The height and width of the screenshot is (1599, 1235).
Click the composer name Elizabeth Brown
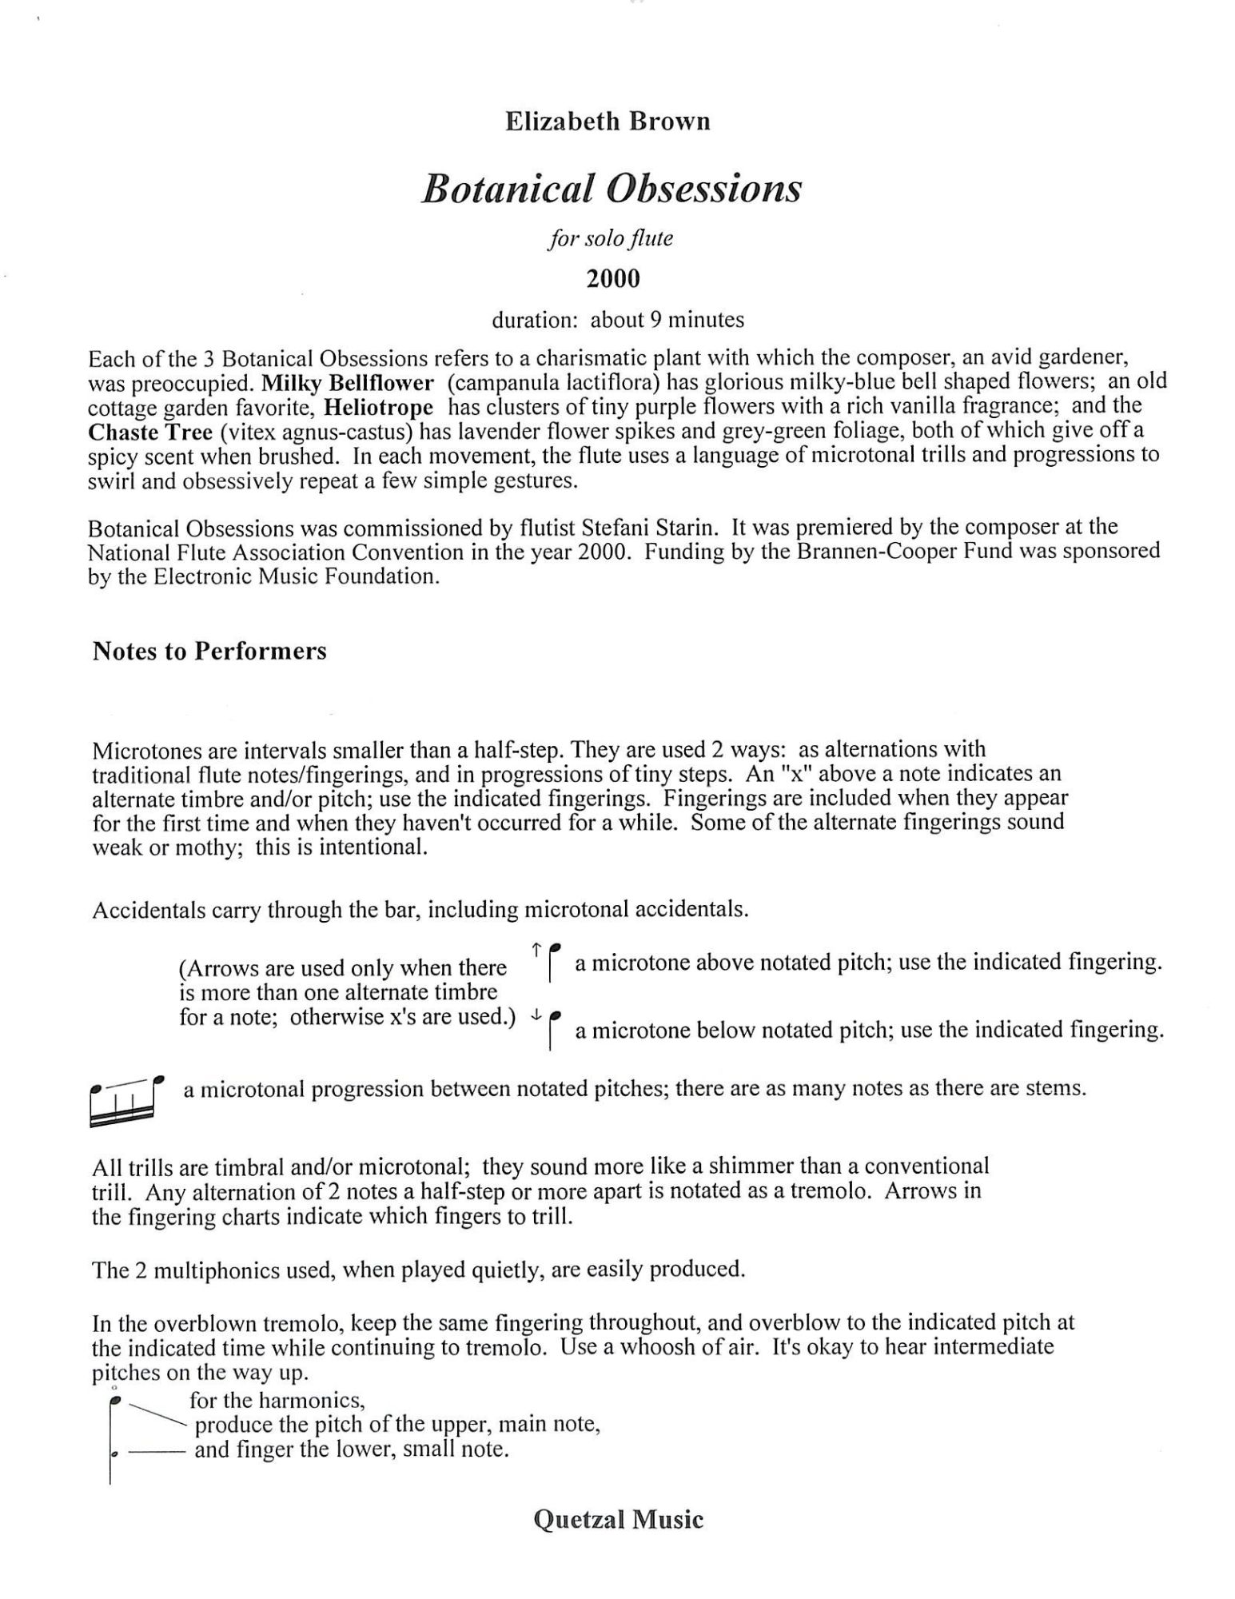pyautogui.click(x=608, y=122)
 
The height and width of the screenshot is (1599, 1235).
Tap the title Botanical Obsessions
pyautogui.click(x=611, y=189)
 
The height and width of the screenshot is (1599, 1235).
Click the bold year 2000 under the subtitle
pyautogui.click(x=613, y=279)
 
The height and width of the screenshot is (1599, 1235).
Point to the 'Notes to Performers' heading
pyautogui.click(x=209, y=652)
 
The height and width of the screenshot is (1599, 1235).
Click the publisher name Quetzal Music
pyautogui.click(x=618, y=1519)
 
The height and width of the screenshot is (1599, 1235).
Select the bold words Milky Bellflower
pyautogui.click(x=347, y=382)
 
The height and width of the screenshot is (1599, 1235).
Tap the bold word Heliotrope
pyautogui.click(x=379, y=408)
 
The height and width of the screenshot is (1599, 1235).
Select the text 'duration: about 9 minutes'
pyautogui.click(x=617, y=321)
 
